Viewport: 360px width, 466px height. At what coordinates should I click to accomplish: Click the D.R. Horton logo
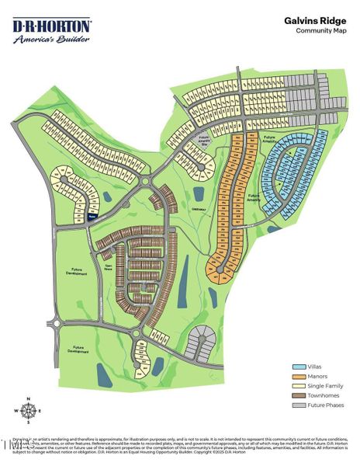(52, 26)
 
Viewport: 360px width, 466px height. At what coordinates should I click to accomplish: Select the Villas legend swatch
(299, 366)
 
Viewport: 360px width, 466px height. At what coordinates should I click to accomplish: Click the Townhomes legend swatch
(299, 395)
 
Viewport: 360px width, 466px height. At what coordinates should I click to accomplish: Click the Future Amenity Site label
(205, 140)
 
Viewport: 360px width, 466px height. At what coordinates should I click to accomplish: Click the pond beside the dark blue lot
(106, 203)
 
